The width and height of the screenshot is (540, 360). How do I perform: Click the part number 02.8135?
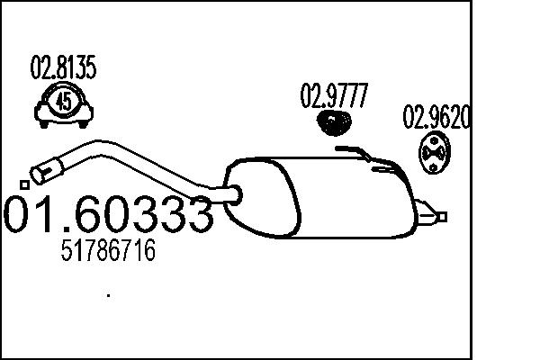pos(64,67)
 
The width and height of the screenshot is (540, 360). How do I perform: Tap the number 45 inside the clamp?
pos(64,101)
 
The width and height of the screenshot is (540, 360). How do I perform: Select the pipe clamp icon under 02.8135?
pos(64,104)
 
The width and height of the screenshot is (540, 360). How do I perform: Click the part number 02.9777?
pos(333,95)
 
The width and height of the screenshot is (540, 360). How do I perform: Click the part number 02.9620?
pos(436,119)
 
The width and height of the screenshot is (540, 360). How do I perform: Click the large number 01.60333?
pos(109,214)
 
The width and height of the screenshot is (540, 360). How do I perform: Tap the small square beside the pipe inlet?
pos(24,184)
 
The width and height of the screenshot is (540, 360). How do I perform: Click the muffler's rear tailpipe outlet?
pos(439,216)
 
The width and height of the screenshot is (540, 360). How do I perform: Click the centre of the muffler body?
pos(324,198)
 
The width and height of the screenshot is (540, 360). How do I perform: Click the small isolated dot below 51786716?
pos(109,293)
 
